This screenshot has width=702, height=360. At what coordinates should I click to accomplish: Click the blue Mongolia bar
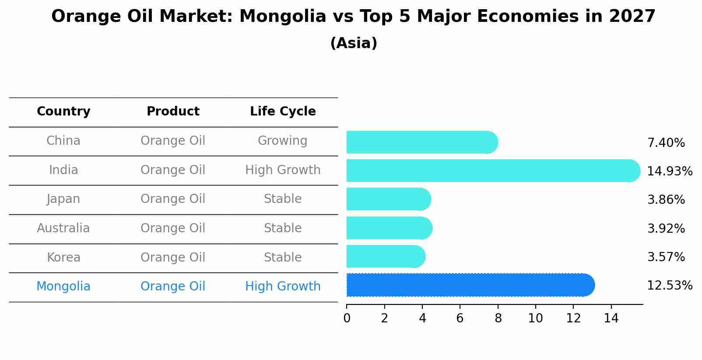tap(470, 285)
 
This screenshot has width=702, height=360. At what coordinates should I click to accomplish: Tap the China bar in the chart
tap(422, 142)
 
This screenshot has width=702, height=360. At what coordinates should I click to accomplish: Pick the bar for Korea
tap(386, 256)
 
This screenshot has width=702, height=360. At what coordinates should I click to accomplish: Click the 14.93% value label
tap(669, 171)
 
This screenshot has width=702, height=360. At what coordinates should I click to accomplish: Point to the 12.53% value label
tap(669, 286)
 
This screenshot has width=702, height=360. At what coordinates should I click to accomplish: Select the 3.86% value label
tap(666, 200)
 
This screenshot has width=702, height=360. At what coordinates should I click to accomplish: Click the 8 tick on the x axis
tap(498, 318)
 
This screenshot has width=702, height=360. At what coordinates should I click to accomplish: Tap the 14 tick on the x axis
tap(611, 318)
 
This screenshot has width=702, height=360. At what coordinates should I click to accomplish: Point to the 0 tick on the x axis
tap(347, 318)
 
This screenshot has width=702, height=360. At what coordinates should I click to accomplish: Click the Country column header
tap(63, 112)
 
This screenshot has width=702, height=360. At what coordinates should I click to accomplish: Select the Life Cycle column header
tap(283, 112)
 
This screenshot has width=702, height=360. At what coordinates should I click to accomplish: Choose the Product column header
tap(173, 112)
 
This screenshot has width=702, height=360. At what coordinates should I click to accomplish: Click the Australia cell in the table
tap(63, 228)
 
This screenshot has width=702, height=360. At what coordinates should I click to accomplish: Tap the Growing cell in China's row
tap(282, 141)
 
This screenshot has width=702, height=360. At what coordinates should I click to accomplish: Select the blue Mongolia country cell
tap(63, 287)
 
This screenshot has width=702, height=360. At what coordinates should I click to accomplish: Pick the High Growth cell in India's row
tap(283, 170)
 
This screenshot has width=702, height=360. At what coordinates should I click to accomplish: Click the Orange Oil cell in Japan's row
tap(173, 199)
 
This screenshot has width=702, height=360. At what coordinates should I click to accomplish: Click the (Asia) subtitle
tap(354, 43)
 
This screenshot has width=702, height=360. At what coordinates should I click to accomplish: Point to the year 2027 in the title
tap(632, 17)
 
